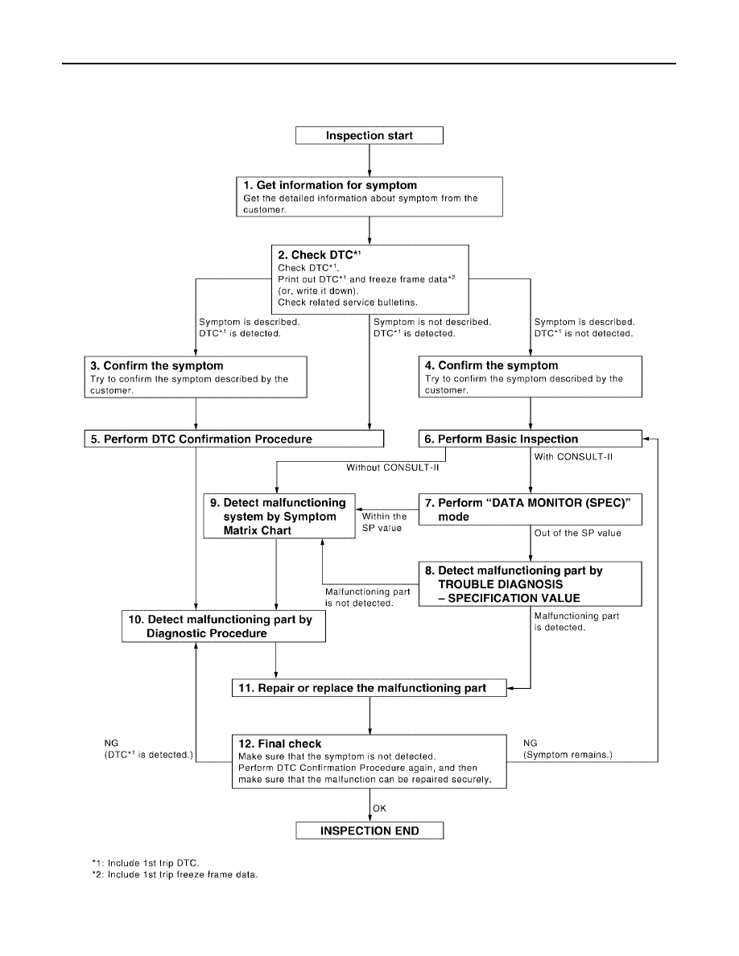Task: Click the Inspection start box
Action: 369,135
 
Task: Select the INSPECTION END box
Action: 369,830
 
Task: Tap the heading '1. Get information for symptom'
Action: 330,185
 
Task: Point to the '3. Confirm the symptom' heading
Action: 157,366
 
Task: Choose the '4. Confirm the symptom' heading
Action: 491,365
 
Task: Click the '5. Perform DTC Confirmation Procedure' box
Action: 234,439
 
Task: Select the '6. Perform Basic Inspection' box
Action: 530,439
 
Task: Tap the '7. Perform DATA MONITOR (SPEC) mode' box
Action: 530,509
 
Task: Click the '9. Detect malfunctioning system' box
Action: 279,517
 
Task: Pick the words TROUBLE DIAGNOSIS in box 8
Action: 501,584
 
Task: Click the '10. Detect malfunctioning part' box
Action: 224,626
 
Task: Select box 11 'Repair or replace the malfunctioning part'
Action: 369,688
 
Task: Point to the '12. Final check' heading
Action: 280,744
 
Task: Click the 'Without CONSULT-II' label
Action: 393,468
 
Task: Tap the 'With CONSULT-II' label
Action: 573,456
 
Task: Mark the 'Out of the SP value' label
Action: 577,533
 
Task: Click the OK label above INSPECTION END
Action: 379,809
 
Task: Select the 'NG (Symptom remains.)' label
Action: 568,748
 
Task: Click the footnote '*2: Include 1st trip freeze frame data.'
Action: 175,874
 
